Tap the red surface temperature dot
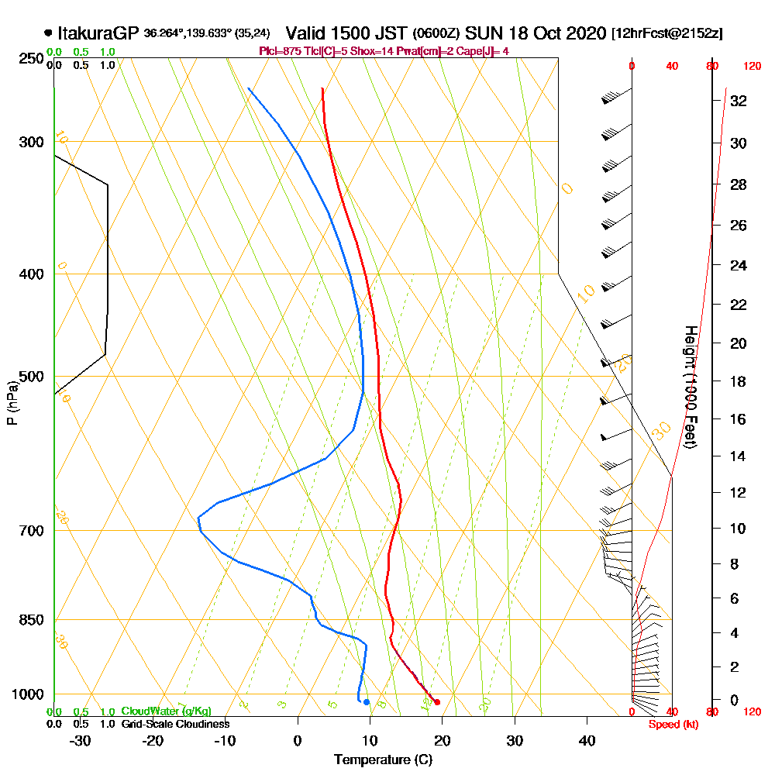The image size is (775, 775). pos(438,702)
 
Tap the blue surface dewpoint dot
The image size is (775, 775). pos(367,702)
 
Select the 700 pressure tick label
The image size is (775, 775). pos(31,531)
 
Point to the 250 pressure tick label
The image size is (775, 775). pos(31,59)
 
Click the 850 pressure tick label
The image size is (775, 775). pos(31,620)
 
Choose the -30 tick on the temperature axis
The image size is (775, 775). pos(80,741)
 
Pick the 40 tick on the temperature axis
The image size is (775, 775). pos(587,741)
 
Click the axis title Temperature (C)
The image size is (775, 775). pos(383,760)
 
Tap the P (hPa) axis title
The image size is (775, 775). pos(12,402)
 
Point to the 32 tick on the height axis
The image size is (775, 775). pos(739,101)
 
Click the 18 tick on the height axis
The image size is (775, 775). pos(739,381)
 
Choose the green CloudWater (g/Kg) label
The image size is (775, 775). pos(166,711)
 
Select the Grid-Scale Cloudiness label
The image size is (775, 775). pos(175,724)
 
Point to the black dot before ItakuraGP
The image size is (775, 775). pos(49,33)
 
